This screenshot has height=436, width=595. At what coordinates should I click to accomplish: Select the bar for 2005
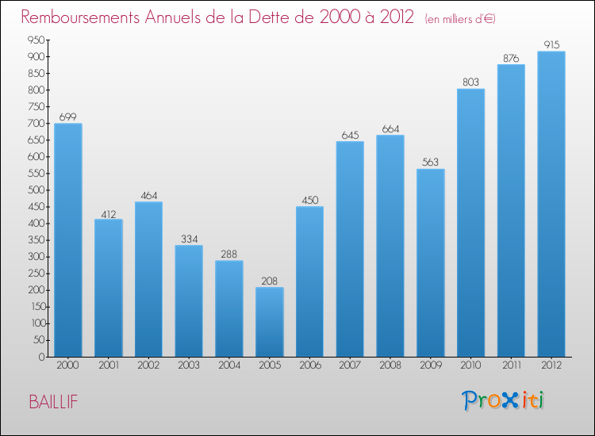click(x=269, y=321)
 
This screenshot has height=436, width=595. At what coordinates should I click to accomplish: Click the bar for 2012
click(x=551, y=204)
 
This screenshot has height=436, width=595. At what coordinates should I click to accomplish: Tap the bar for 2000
click(x=68, y=239)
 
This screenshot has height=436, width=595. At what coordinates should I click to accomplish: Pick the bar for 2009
click(x=430, y=262)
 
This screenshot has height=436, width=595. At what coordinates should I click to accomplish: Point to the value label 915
click(x=551, y=44)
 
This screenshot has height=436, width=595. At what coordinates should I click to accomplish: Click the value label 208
click(x=269, y=280)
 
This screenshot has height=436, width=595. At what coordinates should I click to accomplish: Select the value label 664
click(x=390, y=128)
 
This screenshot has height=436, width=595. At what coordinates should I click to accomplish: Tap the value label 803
click(x=470, y=82)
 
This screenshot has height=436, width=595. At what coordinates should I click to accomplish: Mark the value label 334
click(x=189, y=239)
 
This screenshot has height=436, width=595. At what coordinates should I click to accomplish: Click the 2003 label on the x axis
click(x=189, y=367)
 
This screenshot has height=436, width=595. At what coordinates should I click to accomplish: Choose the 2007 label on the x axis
click(x=350, y=367)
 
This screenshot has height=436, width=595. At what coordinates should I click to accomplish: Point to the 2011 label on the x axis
click(x=510, y=367)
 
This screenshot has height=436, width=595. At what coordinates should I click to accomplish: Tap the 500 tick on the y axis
click(x=35, y=190)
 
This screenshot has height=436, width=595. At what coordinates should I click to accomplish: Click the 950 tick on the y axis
click(x=35, y=40)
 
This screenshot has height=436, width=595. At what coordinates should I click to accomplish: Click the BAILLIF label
click(x=53, y=402)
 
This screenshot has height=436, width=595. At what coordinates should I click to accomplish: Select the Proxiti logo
click(x=504, y=400)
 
